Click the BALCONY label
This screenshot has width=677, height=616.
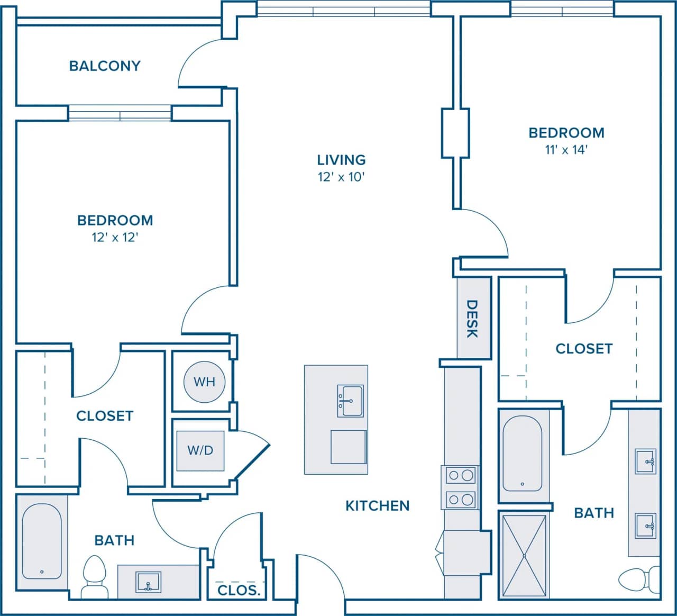(105, 66)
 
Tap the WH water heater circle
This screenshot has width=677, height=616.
(204, 382)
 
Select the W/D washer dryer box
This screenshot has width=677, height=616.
(200, 450)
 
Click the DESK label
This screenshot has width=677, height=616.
(472, 319)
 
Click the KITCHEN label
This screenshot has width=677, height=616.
(377, 506)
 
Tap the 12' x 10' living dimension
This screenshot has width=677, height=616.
(341, 177)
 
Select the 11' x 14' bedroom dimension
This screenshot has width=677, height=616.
(566, 150)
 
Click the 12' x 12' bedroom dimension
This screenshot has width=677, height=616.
(115, 237)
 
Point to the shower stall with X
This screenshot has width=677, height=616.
(524, 555)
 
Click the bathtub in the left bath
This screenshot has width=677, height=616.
(42, 541)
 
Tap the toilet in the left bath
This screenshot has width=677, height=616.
(95, 576)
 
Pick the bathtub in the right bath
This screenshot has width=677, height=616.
(522, 454)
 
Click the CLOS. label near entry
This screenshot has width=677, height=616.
(239, 590)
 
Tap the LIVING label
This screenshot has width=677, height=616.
(341, 160)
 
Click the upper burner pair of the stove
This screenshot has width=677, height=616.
(460, 475)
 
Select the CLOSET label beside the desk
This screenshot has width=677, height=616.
(583, 349)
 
